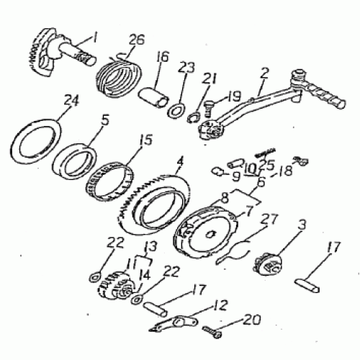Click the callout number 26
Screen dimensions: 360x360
137,40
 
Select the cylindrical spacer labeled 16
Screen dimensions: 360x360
153,97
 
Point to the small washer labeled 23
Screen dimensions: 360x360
176,110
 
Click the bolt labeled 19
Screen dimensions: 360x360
209,108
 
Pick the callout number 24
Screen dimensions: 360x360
71,102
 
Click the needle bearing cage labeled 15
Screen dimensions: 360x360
110,182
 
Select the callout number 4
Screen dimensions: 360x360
180,163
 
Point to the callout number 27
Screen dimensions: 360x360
270,219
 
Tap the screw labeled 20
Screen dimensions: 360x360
212,331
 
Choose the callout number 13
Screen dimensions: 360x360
151,246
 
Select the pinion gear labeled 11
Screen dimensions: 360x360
116,286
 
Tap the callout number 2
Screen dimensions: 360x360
264,74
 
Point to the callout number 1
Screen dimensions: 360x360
94,38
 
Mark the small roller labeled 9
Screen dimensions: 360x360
218,172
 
